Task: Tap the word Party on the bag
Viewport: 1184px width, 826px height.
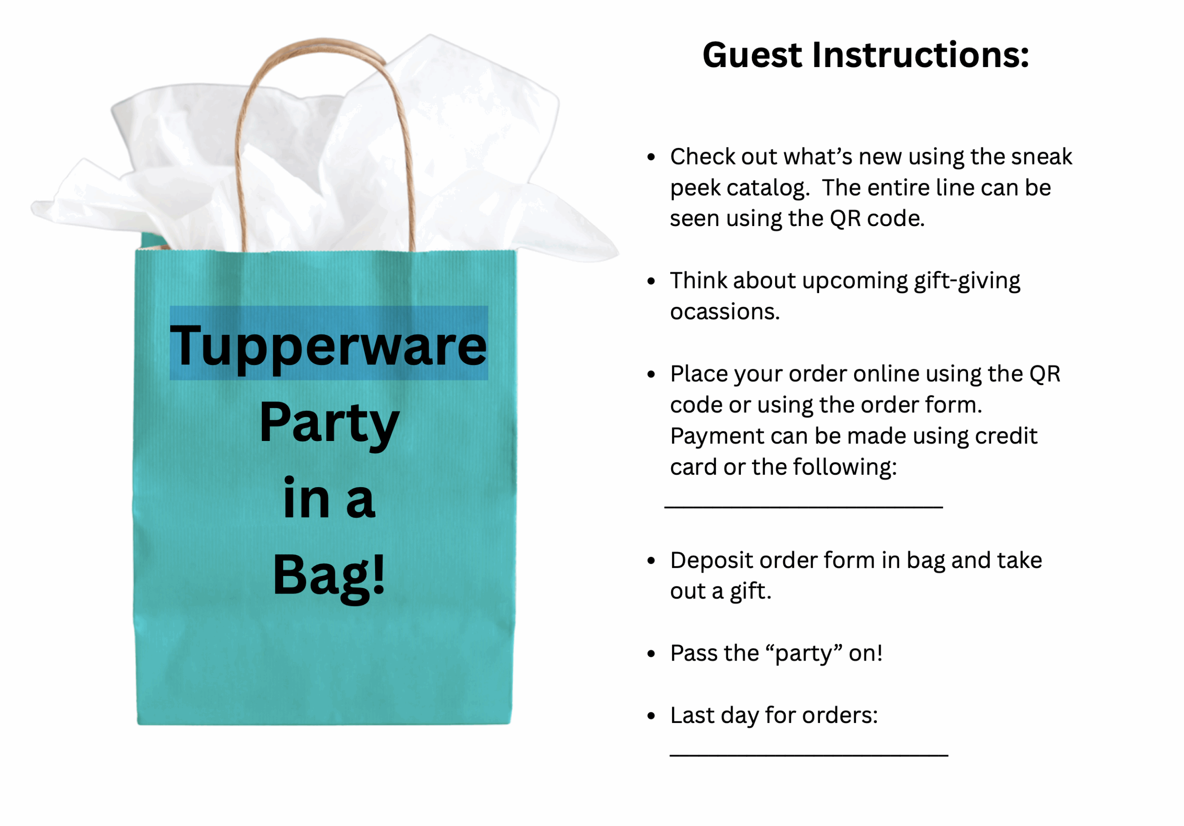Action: click(x=329, y=424)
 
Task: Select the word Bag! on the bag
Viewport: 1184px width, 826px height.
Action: click(x=329, y=576)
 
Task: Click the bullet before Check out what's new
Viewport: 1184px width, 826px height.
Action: click(x=651, y=157)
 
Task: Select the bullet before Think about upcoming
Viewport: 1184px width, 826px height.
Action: click(x=651, y=281)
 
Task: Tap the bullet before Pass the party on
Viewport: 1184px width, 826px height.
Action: click(x=651, y=654)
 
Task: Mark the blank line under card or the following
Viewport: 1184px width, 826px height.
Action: click(x=803, y=508)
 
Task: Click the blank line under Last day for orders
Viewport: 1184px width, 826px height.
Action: click(x=809, y=755)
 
